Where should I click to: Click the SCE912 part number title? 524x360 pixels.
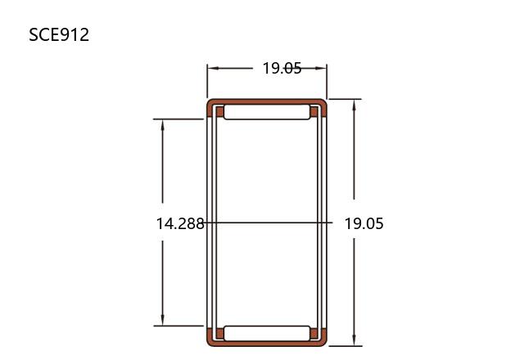point(59,34)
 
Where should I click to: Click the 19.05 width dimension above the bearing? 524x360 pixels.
point(282,68)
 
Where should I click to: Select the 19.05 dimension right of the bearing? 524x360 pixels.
point(364,223)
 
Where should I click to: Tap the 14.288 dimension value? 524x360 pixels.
point(180,223)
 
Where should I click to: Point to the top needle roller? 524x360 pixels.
point(267,112)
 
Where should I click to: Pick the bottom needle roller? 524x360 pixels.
point(267,333)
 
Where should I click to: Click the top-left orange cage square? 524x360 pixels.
point(220,111)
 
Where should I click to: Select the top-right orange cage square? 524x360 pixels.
point(314,111)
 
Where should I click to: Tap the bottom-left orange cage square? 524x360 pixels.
point(220,334)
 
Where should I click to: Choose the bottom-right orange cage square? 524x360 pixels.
point(314,334)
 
